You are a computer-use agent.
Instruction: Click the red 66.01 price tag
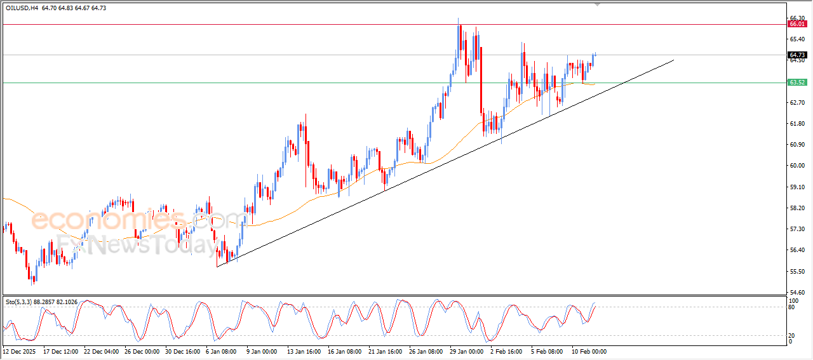pos(796,24)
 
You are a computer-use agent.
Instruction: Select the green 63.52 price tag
pos(796,83)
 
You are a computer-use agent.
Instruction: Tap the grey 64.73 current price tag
pos(796,55)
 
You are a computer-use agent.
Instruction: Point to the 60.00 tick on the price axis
pos(796,166)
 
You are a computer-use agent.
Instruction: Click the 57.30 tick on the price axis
pos(796,229)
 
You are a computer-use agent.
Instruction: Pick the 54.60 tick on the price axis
pos(796,292)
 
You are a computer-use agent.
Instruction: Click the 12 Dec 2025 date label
pos(19,350)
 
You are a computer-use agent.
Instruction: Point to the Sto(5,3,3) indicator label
pos(19,302)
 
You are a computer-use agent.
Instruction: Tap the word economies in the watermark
pos(108,220)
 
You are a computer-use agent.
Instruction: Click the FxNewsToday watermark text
pos(137,244)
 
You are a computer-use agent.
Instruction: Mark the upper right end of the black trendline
pos(673,60)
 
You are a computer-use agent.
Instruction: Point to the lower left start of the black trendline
pos(217,267)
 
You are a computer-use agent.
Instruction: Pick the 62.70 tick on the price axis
pos(796,103)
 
